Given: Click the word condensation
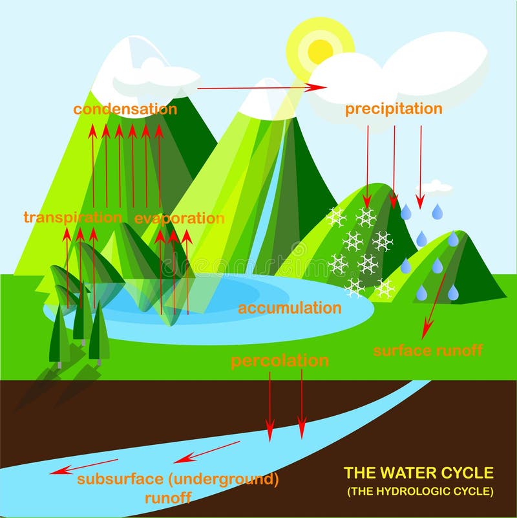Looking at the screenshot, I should [125, 109].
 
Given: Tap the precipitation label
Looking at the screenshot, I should [394, 108].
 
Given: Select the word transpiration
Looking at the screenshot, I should [72, 217].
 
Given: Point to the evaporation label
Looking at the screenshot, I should [180, 218].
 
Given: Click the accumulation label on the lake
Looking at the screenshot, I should [290, 308].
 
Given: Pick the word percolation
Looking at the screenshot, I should [280, 360].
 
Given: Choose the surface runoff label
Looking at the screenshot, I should [428, 351].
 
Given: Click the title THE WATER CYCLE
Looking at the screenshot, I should [419, 473].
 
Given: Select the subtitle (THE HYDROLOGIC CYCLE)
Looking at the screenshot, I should [420, 491].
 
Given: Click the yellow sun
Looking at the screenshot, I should [321, 50].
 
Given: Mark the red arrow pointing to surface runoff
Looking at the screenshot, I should [434, 304].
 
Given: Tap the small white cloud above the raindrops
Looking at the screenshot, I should [438, 187].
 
